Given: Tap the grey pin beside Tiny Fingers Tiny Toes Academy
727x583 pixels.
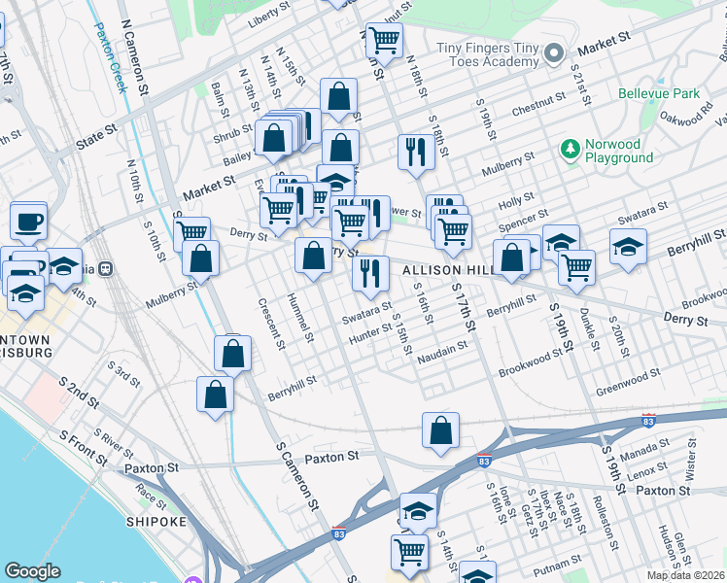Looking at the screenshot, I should (555, 52).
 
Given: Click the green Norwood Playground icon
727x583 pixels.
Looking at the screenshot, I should (570, 149).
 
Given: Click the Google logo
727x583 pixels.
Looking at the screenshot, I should (33, 570).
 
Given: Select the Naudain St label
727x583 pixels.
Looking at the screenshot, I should (436, 360).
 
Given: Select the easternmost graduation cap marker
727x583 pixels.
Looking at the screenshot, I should (629, 247).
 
